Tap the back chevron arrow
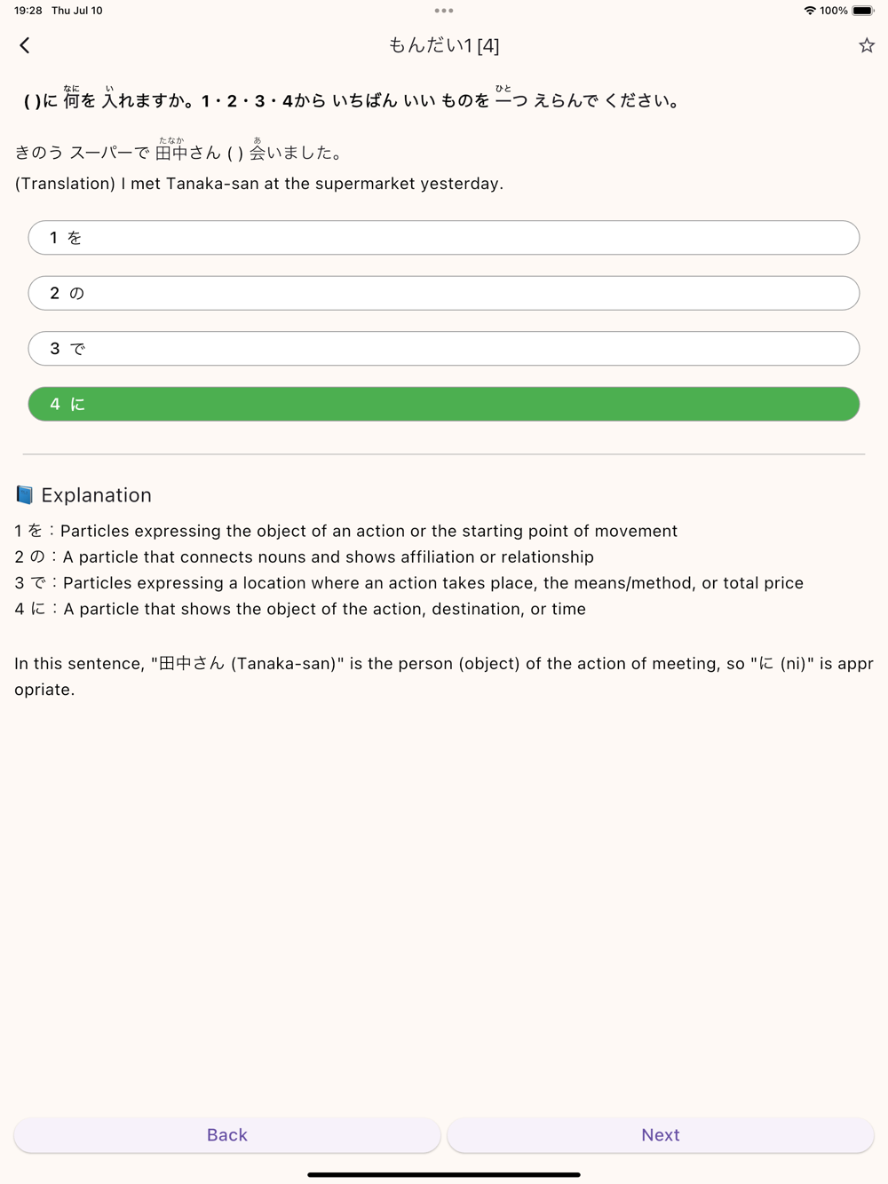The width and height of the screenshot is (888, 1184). click(25, 45)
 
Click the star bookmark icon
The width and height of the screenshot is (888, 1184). click(867, 45)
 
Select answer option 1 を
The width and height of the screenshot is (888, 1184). click(444, 238)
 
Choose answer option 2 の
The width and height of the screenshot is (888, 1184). click(444, 293)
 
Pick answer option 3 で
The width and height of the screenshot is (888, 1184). click(444, 349)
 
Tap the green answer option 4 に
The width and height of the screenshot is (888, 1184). click(444, 404)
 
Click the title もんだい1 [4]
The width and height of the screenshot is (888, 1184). click(444, 45)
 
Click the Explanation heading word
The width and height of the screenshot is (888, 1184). click(96, 495)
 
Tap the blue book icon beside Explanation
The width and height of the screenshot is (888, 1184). click(25, 494)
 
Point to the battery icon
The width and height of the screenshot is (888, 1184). click(863, 11)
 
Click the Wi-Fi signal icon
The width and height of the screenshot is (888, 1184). click(810, 11)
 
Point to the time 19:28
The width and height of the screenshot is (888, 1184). click(28, 11)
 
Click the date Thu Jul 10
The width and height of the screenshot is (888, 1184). click(77, 11)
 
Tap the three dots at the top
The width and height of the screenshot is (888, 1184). click(444, 11)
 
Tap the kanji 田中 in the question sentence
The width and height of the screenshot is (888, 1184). click(171, 154)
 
